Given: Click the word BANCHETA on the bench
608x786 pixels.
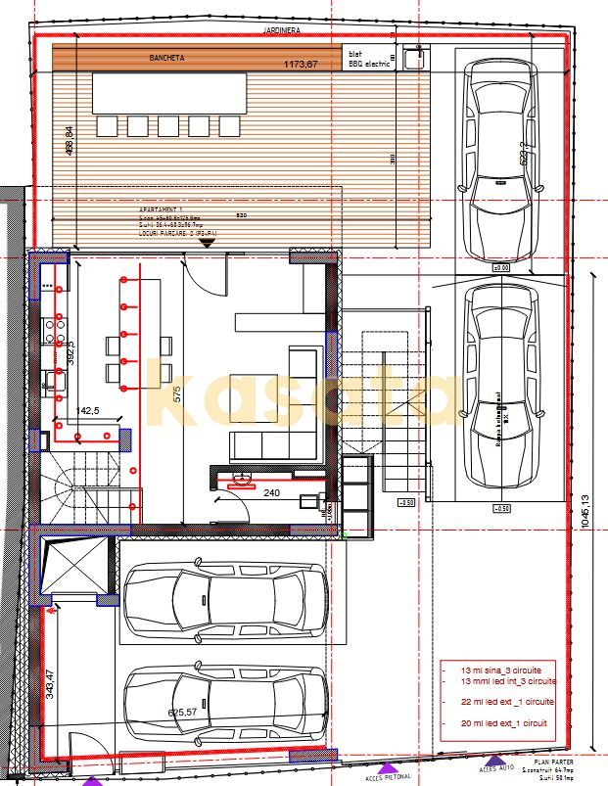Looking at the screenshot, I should [x=167, y=58].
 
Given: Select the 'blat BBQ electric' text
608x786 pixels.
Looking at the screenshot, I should [x=368, y=59].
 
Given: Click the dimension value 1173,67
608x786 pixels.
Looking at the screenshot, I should [x=301, y=66].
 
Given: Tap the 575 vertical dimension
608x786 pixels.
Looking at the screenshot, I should [x=177, y=394].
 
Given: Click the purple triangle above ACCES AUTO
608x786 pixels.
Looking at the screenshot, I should [x=496, y=760].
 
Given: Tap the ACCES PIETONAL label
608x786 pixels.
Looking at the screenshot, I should [x=389, y=778].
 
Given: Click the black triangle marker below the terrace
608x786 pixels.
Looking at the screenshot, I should [x=206, y=245].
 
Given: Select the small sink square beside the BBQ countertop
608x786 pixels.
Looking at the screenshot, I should [x=411, y=58].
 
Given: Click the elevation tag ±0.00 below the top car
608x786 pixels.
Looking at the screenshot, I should [x=500, y=266].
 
